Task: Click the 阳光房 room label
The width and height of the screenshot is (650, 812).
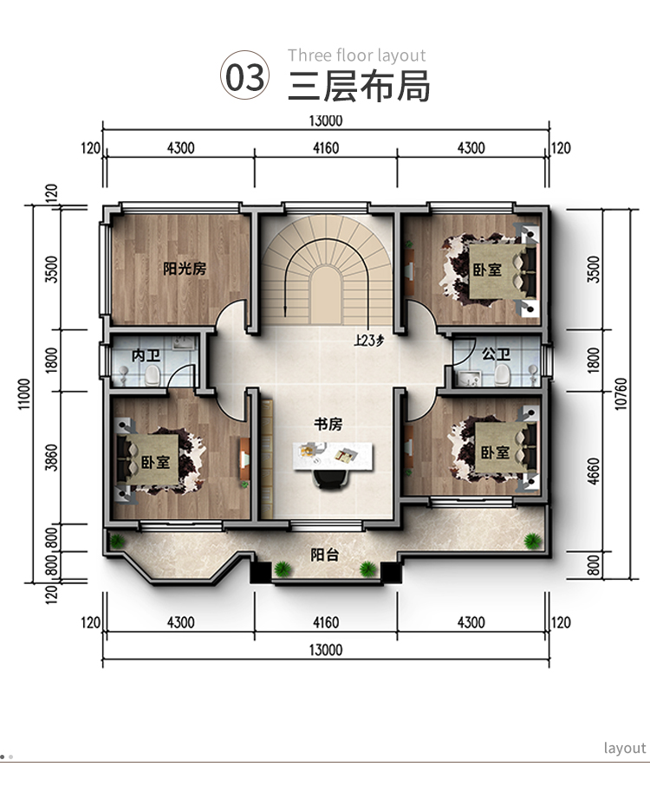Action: [x=185, y=269]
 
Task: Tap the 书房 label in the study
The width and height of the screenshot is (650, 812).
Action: [x=328, y=424]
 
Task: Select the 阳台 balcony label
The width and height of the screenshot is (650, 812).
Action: [x=325, y=555]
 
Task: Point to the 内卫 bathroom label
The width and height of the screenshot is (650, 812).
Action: [x=146, y=356]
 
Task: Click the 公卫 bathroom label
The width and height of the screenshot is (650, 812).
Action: [x=496, y=354]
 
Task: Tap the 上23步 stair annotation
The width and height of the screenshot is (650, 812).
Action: [x=369, y=341]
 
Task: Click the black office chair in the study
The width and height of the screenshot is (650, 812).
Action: [x=331, y=479]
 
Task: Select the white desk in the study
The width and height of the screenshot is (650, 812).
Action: [x=333, y=456]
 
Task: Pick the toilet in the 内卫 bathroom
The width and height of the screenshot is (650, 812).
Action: [x=153, y=374]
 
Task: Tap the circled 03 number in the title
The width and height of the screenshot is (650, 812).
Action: [x=245, y=75]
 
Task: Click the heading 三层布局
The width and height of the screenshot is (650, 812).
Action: [x=359, y=86]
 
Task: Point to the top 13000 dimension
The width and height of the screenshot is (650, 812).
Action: [x=326, y=120]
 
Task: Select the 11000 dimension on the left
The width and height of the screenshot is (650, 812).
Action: [x=25, y=394]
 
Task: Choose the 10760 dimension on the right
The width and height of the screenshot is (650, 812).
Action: [x=621, y=394]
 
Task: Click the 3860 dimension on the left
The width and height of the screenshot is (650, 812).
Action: [x=51, y=458]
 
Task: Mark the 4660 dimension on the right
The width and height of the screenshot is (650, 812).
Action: [x=594, y=471]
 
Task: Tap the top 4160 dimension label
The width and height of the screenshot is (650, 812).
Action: [x=326, y=148]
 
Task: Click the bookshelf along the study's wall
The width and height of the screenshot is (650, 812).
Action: [x=266, y=458]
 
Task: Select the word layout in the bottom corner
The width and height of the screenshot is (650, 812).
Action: [x=625, y=748]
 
